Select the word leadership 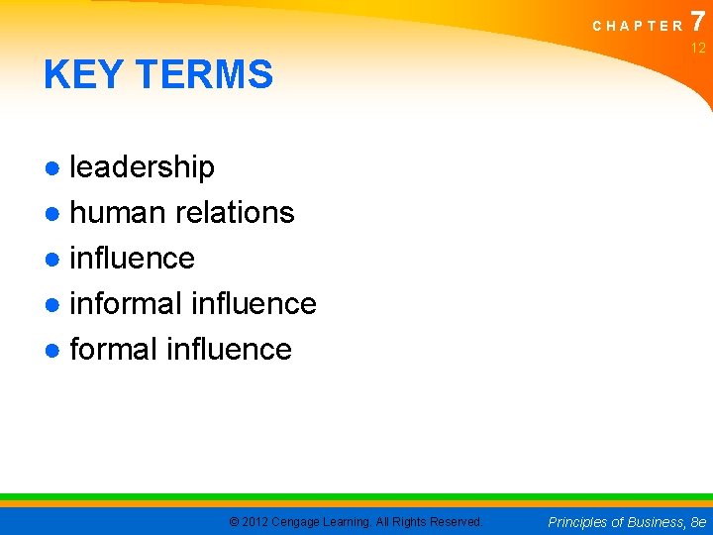(x=142, y=167)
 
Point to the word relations (x=235, y=213)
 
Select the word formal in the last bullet (x=114, y=349)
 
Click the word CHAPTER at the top (x=638, y=27)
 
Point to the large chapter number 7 (x=698, y=21)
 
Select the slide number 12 (x=698, y=48)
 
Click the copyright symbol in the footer (x=234, y=522)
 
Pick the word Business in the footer (x=648, y=522)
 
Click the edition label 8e (x=698, y=522)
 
